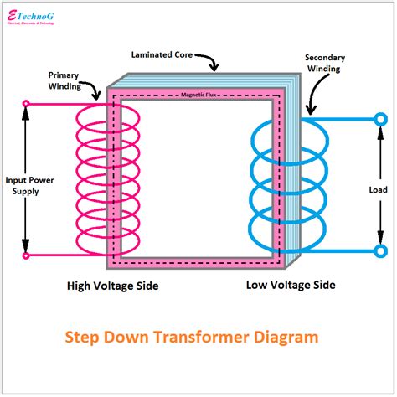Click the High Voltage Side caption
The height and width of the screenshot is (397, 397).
pyautogui.click(x=112, y=286)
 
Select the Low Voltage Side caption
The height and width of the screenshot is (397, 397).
pyautogui.click(x=291, y=285)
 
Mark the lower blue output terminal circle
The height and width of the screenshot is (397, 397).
pyautogui.click(x=380, y=250)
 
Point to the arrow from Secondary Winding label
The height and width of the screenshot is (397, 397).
pyautogui.click(x=312, y=105)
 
